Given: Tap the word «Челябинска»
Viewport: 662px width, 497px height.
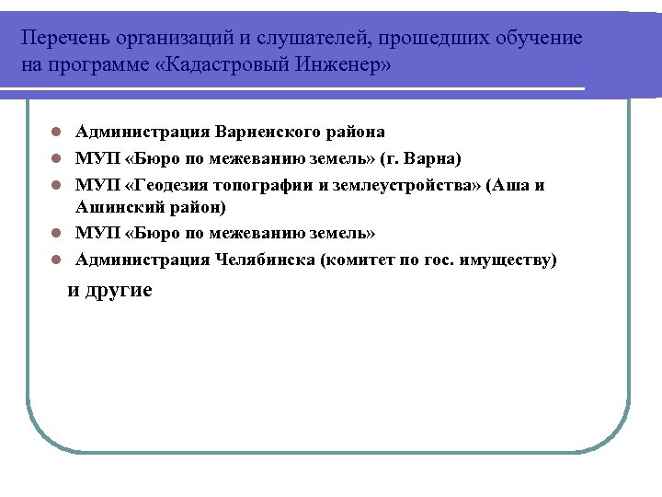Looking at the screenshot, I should [x=265, y=260].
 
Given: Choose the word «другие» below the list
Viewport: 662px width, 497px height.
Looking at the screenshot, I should [x=119, y=290].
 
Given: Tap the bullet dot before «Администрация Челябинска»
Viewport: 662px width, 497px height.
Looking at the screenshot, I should [x=56, y=260].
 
